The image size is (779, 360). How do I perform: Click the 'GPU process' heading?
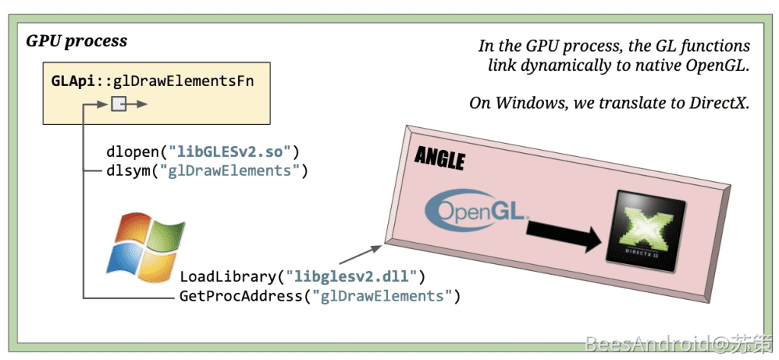click(x=76, y=40)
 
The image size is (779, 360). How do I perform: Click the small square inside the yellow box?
click(x=119, y=104)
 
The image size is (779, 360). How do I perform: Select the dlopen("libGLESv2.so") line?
click(x=204, y=150)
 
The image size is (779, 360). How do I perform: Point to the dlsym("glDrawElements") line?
click(x=207, y=170)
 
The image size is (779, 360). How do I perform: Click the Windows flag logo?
click(x=145, y=242)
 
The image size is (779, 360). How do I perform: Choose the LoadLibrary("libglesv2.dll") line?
click(x=302, y=276)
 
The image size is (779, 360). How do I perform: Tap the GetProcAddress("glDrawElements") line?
click(x=320, y=295)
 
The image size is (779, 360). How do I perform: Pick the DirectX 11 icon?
click(x=644, y=234)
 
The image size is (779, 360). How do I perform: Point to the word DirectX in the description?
click(x=716, y=103)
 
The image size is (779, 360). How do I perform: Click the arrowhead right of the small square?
click(x=142, y=104)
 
